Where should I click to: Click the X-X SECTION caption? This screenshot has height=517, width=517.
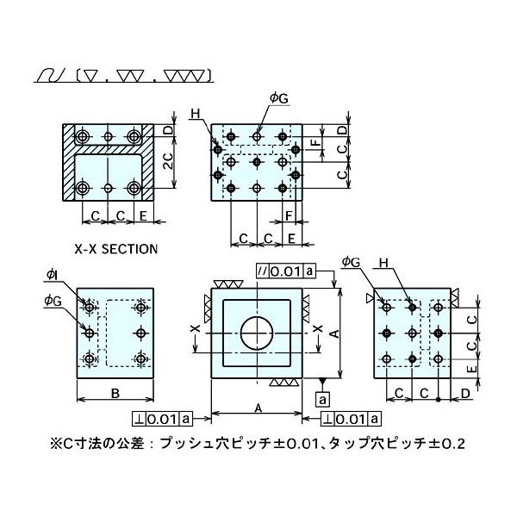coord(115,249)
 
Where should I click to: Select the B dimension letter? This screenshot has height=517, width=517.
coord(115,396)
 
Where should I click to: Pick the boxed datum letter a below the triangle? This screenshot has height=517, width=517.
coord(322,399)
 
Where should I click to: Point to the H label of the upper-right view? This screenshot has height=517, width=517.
coord(197,114)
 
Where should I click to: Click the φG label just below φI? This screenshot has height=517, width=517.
coord(53,300)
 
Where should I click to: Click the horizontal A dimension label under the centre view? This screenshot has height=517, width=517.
coord(257,405)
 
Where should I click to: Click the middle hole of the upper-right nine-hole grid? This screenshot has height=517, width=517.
coord(257,160)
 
